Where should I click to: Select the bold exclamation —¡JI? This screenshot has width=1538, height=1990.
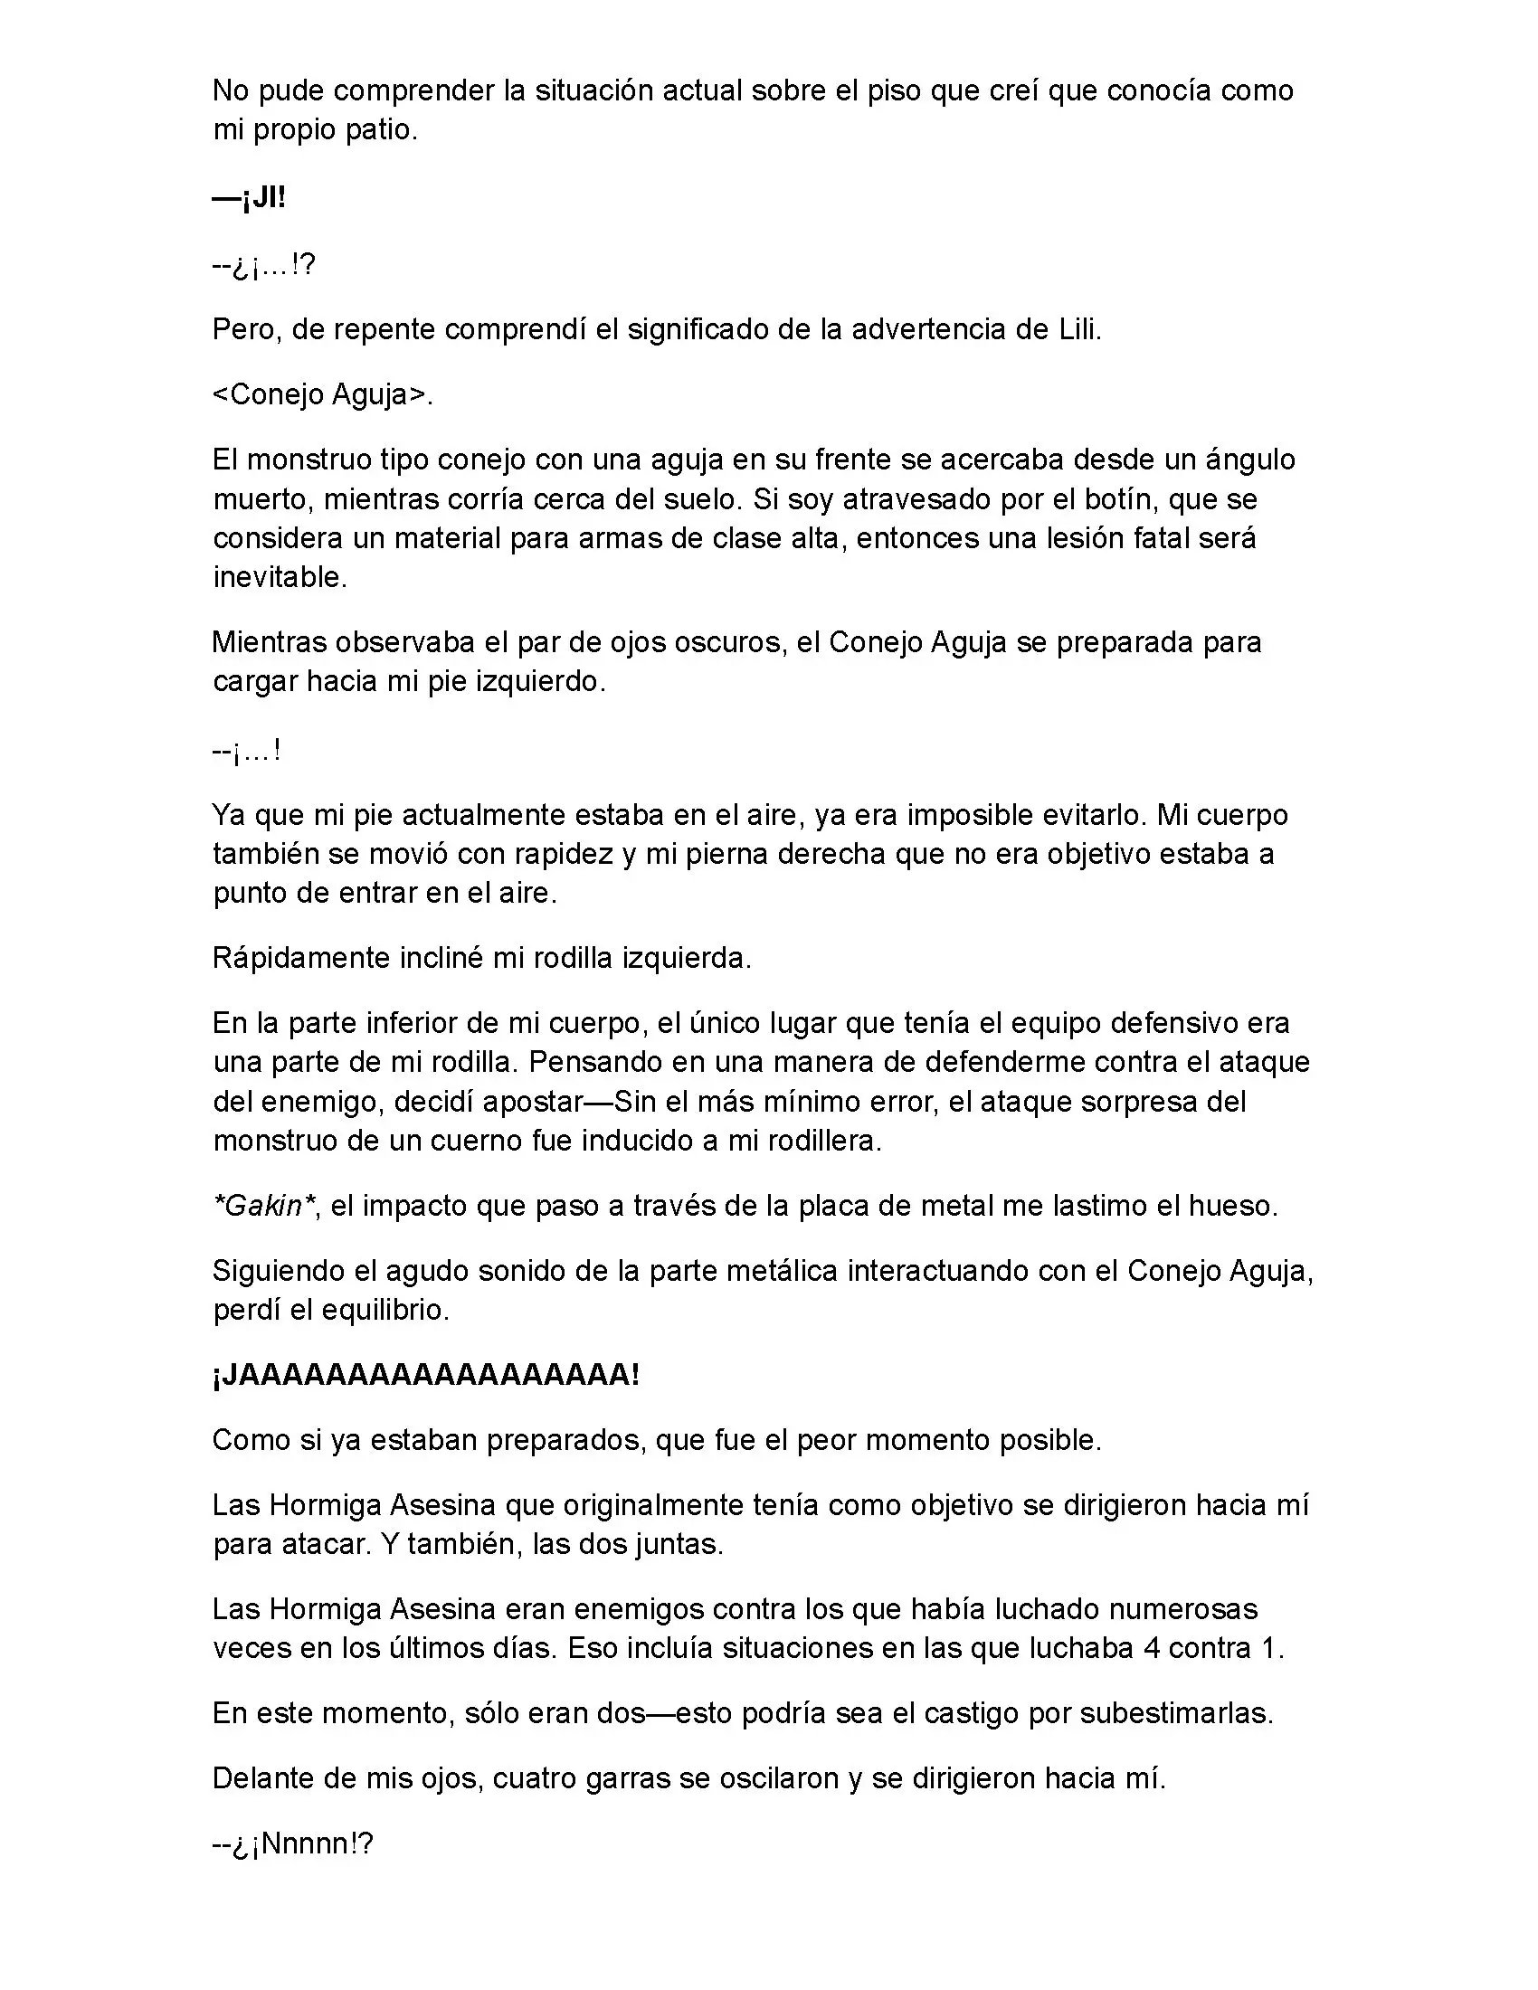249,199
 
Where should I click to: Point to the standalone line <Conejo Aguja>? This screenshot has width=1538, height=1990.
323,394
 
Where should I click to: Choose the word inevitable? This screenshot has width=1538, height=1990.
279,578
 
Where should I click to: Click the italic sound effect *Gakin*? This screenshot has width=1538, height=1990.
263,1207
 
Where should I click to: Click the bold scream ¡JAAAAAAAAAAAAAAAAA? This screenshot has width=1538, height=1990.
425,1376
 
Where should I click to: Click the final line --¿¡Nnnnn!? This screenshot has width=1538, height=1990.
292,1844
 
